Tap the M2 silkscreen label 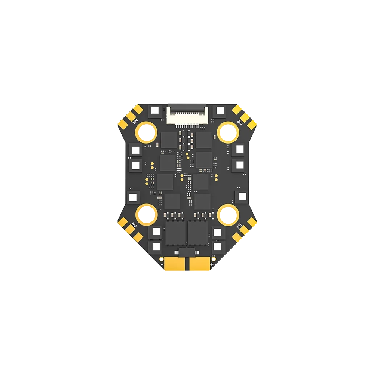tap(240, 122)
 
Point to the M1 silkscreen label tap(240, 225)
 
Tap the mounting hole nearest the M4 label tap(146, 132)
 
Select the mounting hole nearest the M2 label tap(228, 132)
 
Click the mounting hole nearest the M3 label tap(146, 214)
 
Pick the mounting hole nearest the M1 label tap(228, 214)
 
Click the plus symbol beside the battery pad tap(212, 265)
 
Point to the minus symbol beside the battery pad tap(162, 265)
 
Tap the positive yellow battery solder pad tap(200, 264)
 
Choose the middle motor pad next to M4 tap(131, 117)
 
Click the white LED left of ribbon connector tap(155, 110)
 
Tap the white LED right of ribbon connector tap(219, 110)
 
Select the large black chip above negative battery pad tap(175, 233)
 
